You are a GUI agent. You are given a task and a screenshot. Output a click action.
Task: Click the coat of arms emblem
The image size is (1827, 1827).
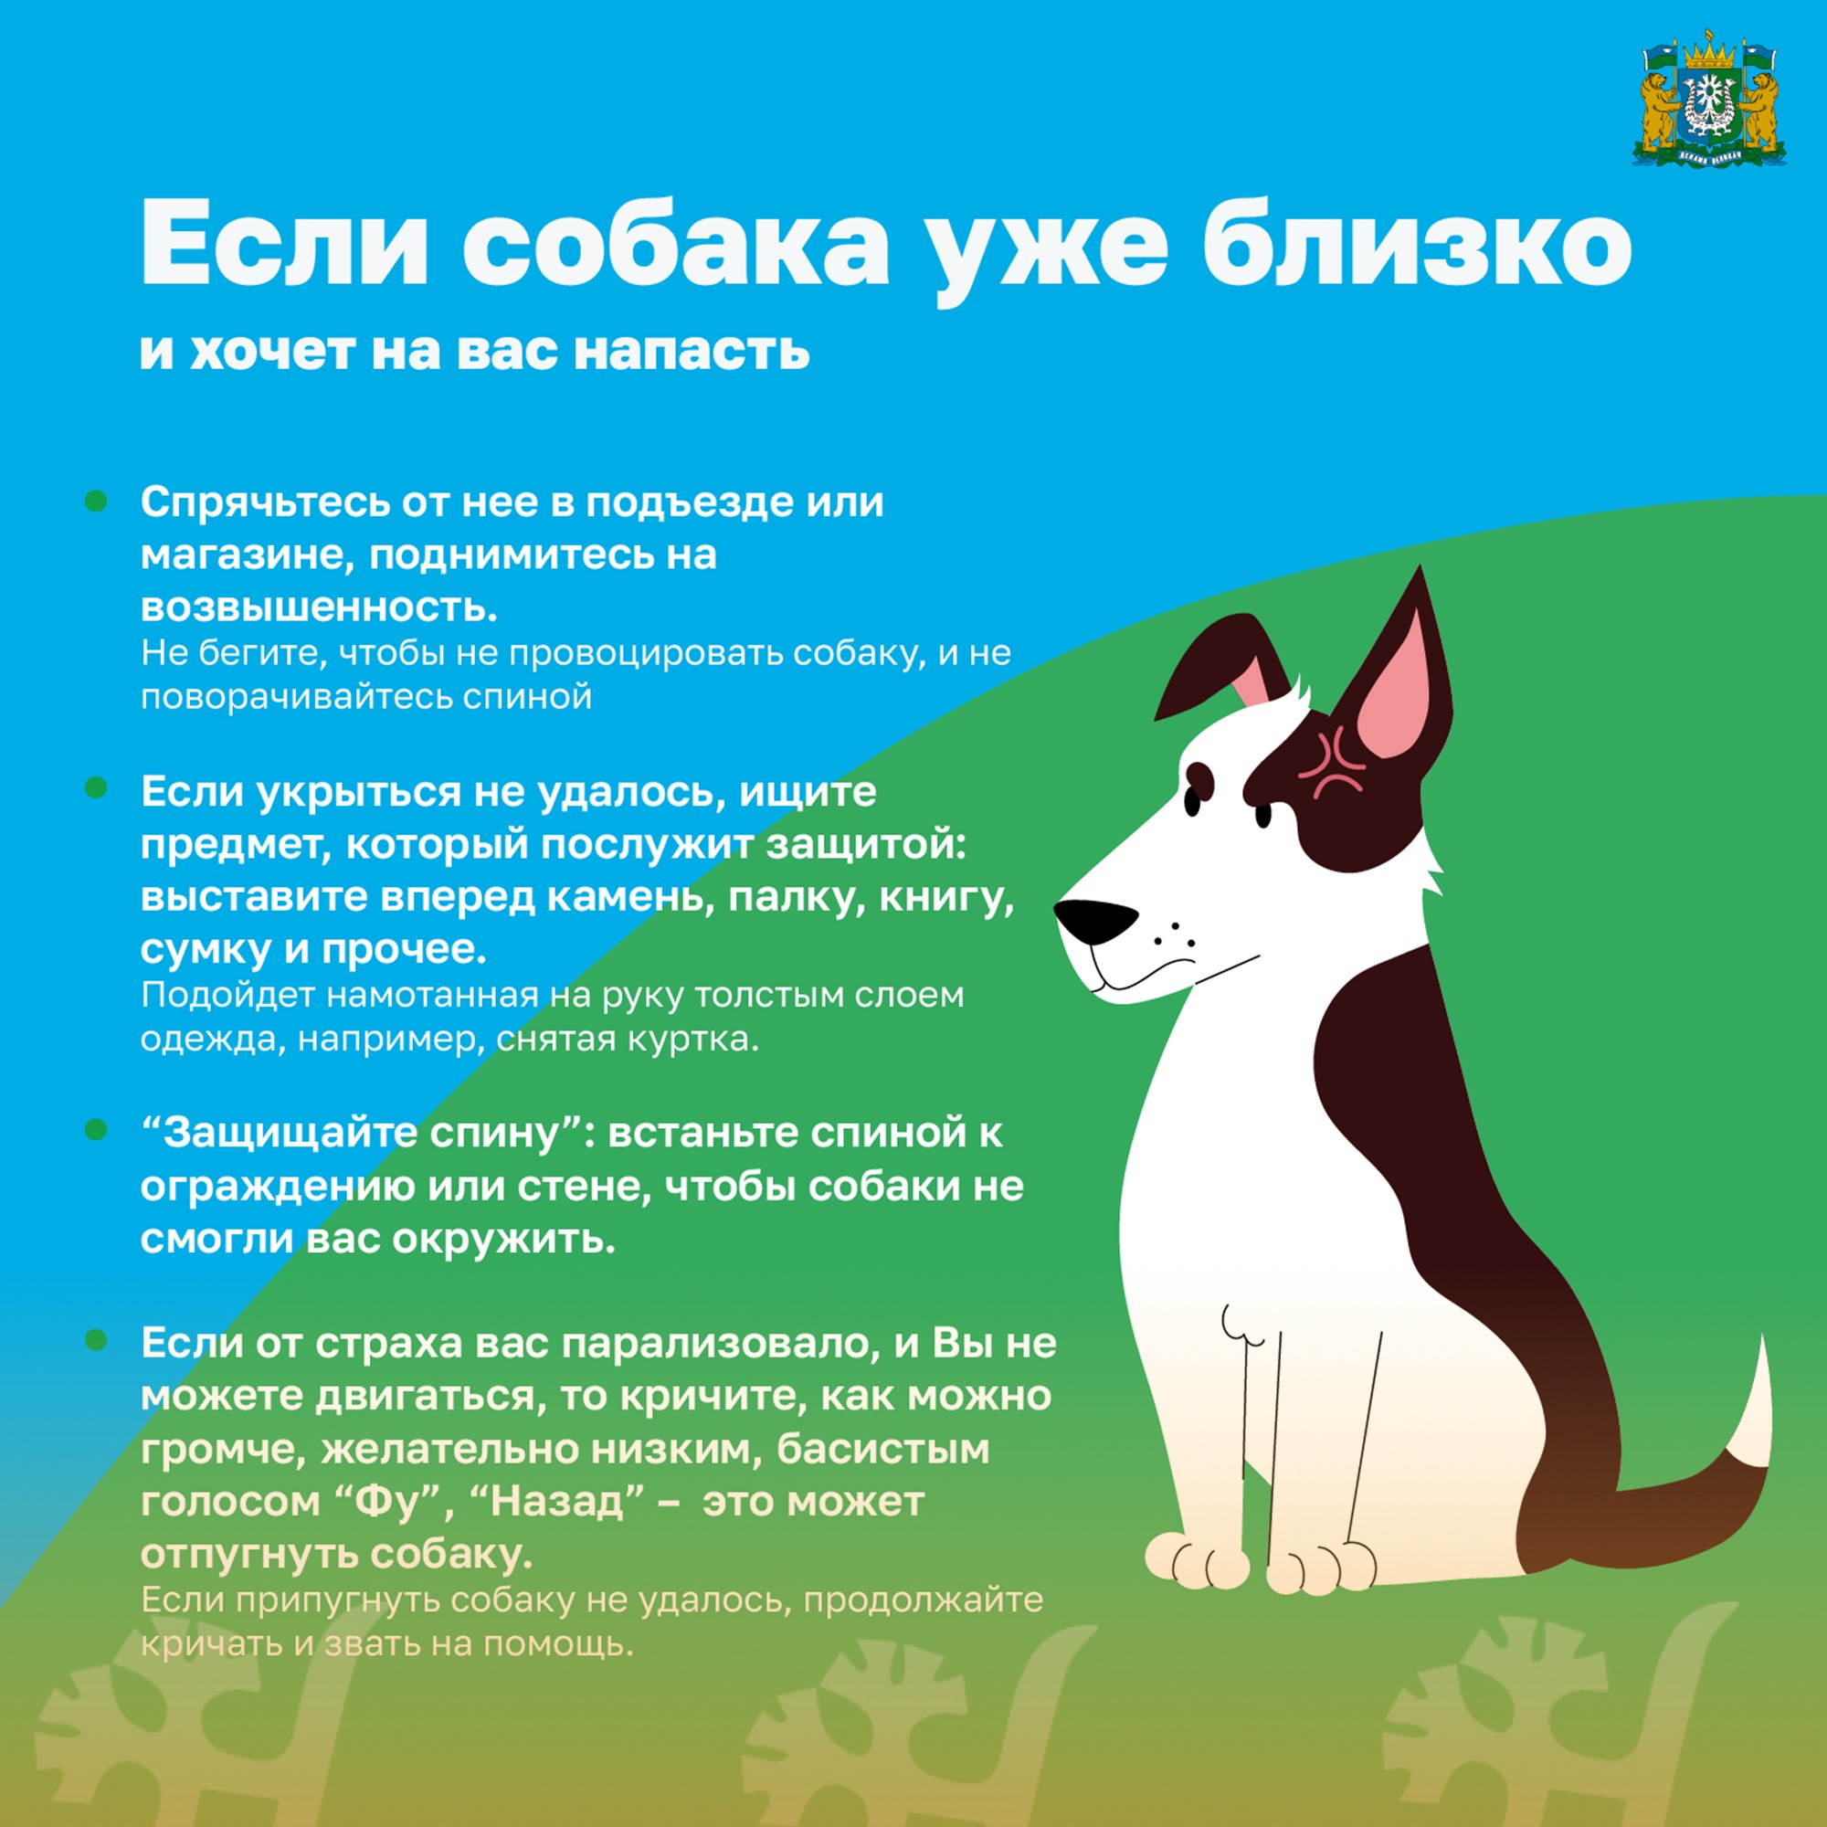tap(1710, 103)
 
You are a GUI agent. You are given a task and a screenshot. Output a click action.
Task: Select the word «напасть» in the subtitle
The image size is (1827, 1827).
tap(692, 350)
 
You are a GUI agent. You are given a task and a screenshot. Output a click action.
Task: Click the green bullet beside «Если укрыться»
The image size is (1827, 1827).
tap(96, 787)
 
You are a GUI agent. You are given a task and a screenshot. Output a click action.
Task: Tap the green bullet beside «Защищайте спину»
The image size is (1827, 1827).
tap(96, 1129)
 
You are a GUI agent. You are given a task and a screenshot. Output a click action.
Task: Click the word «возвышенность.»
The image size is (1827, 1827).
tap(320, 607)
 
